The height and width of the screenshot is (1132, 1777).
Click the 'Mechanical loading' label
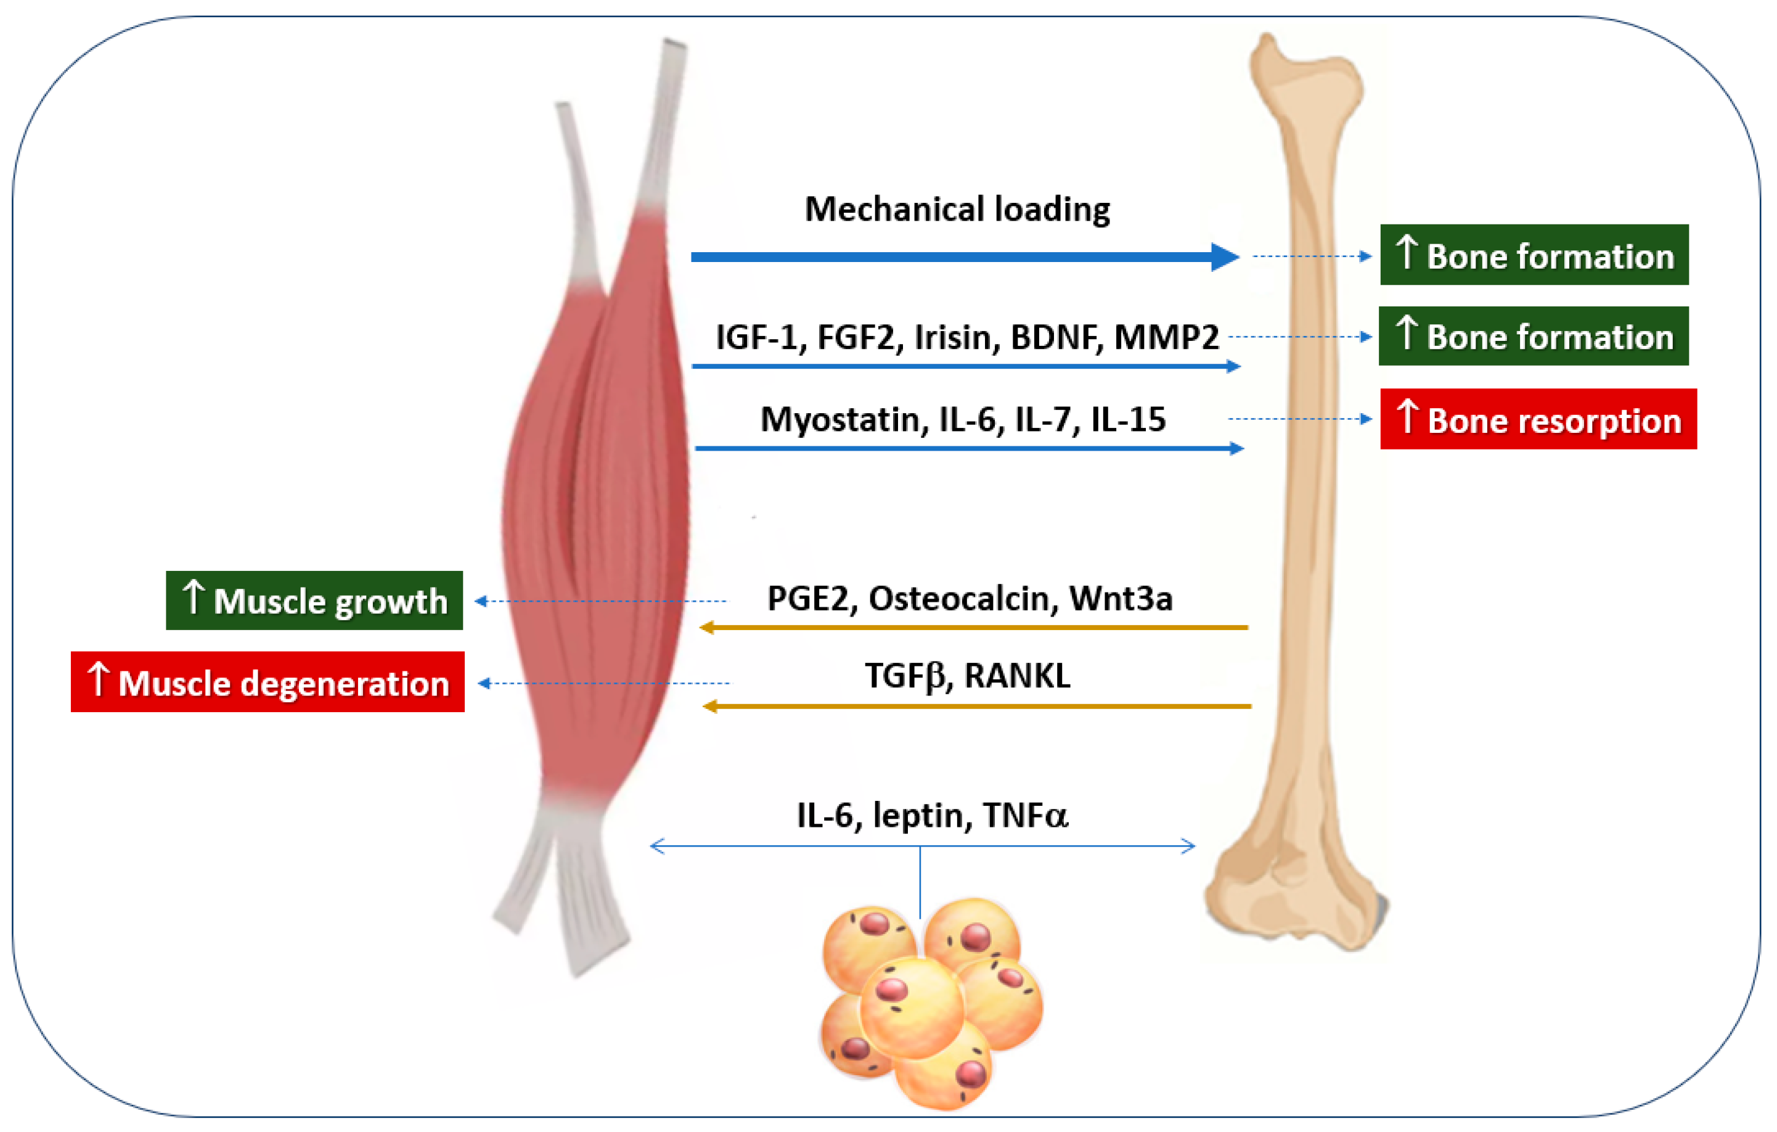coord(957,210)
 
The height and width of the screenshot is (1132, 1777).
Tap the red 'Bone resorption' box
coord(1538,419)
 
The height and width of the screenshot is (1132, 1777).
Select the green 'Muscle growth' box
coord(314,601)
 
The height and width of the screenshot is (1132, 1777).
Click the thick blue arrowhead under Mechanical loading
coord(1224,257)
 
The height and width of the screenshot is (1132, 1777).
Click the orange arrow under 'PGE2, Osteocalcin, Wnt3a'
coord(974,627)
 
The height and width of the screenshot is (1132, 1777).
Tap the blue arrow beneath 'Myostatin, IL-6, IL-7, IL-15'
coord(966,448)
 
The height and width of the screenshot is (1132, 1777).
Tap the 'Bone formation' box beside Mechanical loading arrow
coord(1534,255)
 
